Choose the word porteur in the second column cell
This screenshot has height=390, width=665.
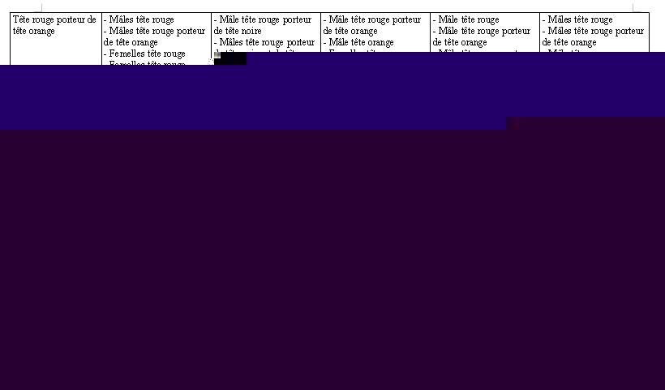point(188,31)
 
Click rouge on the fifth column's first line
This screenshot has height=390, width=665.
point(485,19)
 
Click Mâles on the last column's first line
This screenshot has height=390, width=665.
point(561,19)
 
